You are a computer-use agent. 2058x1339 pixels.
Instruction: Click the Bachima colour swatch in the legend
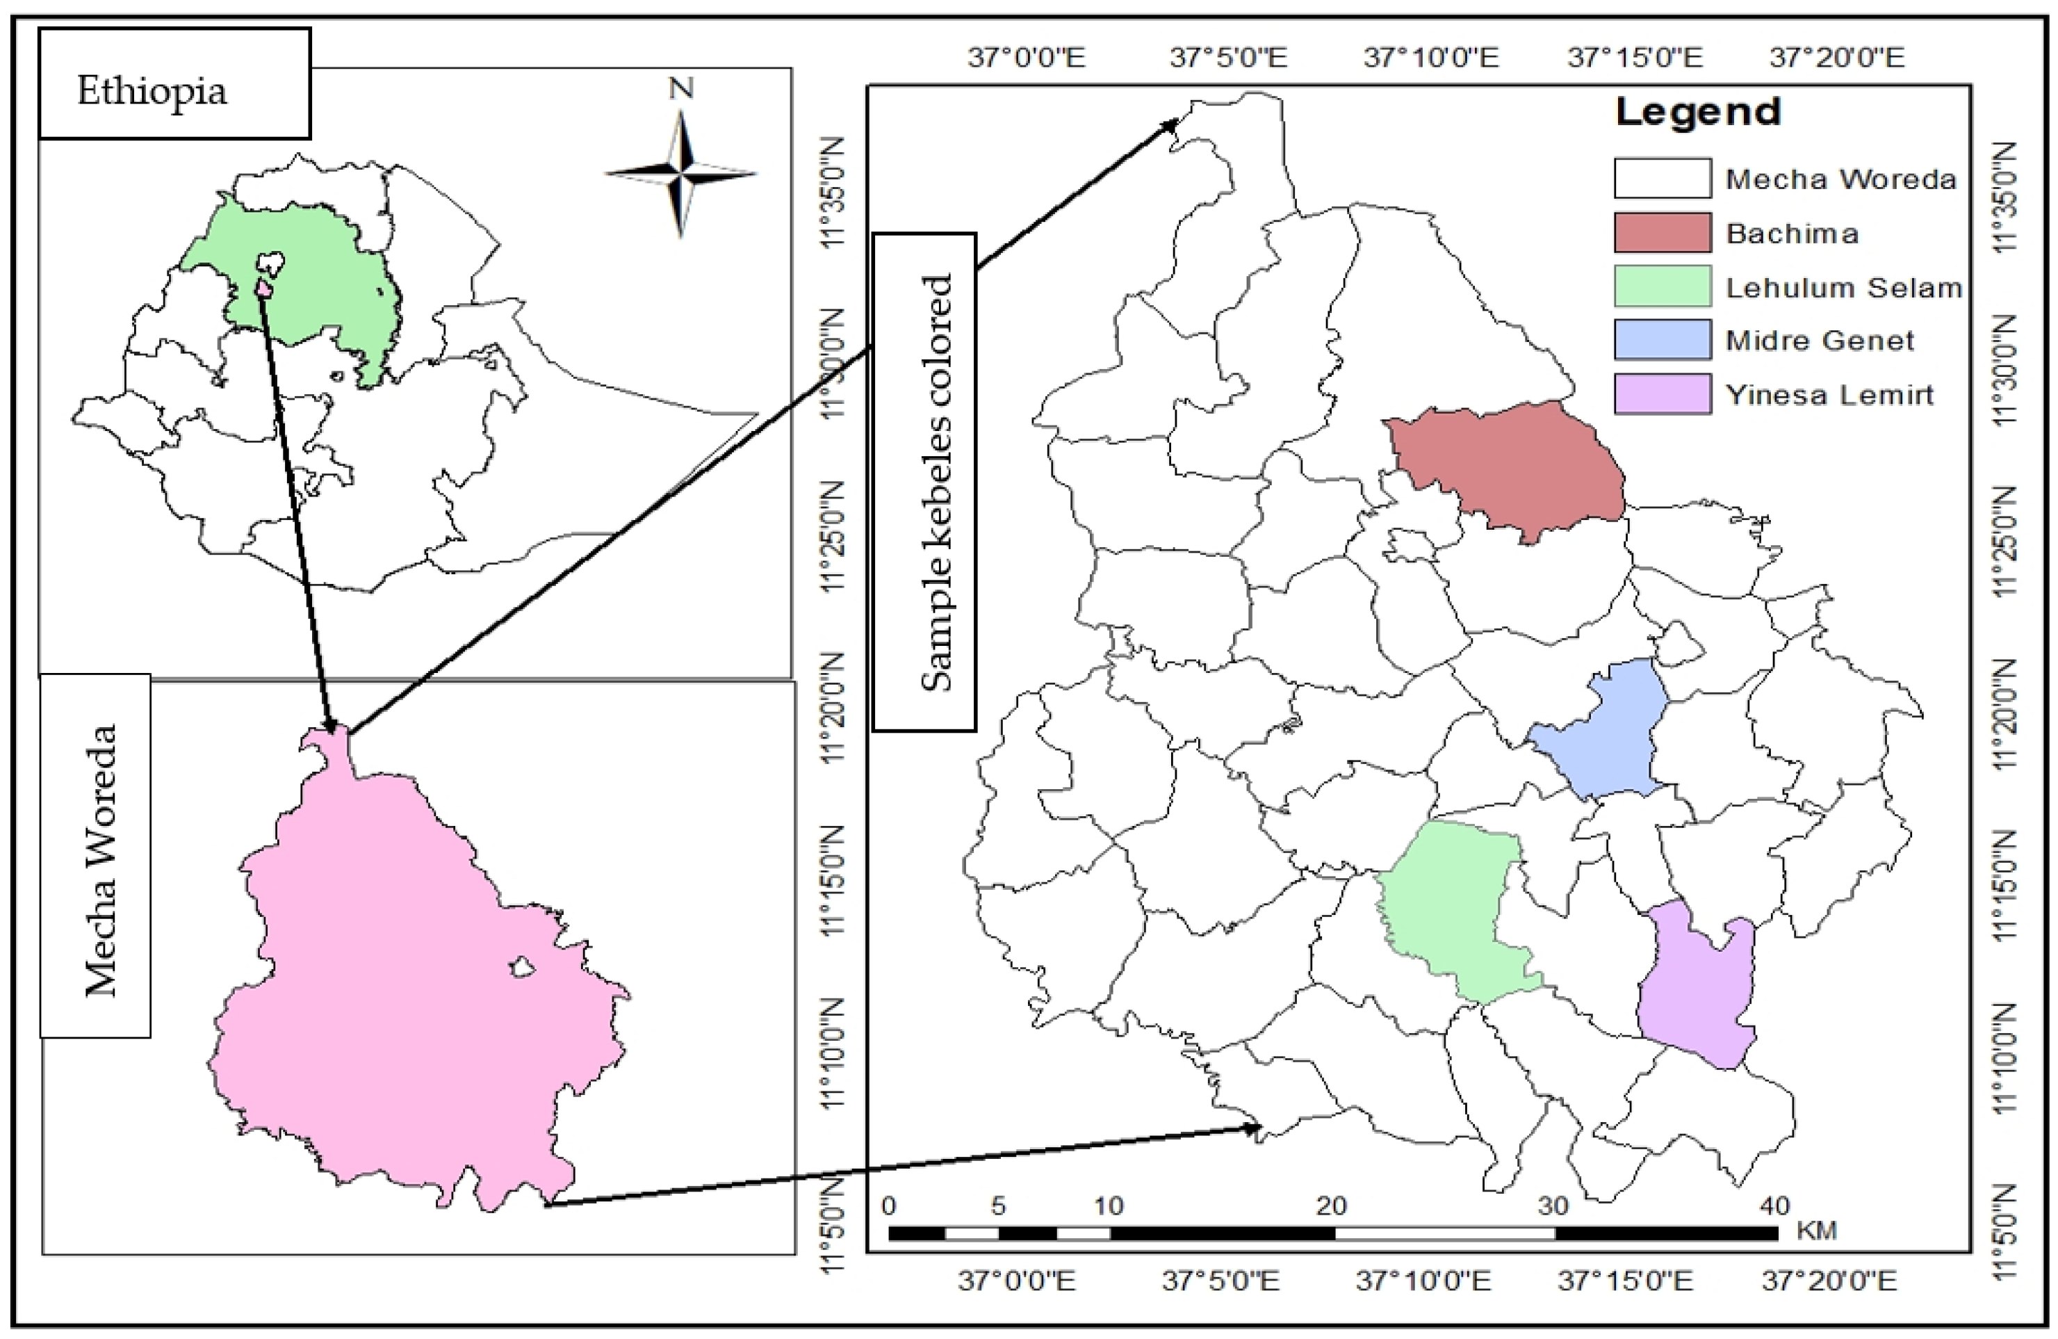point(1662,233)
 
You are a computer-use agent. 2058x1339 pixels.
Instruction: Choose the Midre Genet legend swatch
point(1662,340)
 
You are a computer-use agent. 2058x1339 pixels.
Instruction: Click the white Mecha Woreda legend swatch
point(1662,178)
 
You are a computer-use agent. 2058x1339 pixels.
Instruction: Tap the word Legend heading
point(1698,113)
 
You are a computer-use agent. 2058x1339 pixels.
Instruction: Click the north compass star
point(681,173)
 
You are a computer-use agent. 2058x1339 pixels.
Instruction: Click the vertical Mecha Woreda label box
point(96,857)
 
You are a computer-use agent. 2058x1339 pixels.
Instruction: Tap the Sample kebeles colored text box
point(924,482)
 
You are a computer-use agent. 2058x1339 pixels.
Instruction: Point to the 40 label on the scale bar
point(1774,1205)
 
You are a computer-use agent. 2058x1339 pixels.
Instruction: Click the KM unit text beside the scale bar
point(1816,1230)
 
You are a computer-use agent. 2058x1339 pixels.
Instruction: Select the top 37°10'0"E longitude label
point(1431,58)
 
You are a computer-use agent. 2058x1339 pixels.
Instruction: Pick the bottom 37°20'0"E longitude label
point(1829,1280)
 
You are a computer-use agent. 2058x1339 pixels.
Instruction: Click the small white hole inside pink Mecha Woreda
point(521,966)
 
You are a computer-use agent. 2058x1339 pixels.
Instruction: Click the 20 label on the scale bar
point(1332,1205)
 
